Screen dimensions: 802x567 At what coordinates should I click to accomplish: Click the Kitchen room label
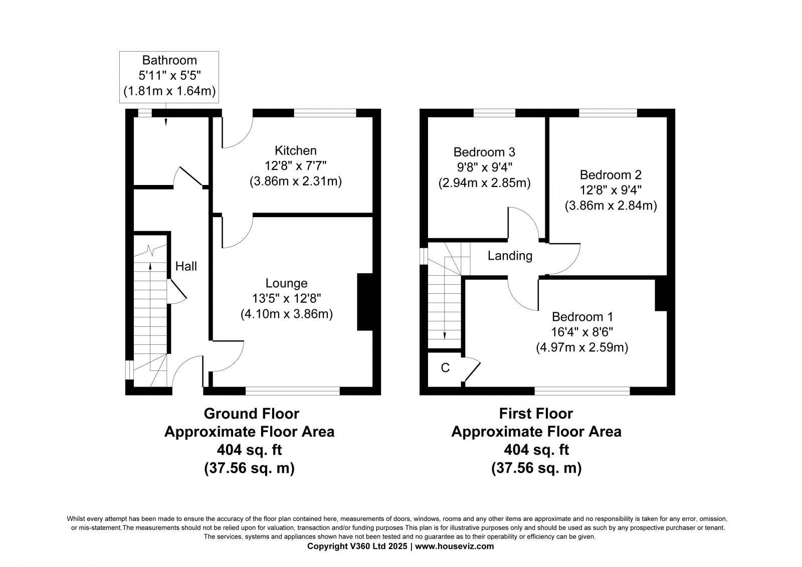tap(295, 150)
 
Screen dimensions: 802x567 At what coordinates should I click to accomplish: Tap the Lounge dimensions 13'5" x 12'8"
tap(286, 298)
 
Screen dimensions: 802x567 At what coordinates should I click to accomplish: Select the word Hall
tap(186, 266)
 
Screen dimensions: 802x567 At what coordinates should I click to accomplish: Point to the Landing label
tap(510, 256)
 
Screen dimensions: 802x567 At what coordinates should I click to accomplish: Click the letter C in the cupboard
tap(445, 368)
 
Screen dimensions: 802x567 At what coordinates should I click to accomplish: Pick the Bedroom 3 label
tap(484, 152)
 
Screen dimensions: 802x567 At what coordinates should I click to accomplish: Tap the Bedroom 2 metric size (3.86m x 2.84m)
tap(611, 206)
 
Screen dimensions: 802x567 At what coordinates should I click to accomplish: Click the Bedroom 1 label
tap(582, 317)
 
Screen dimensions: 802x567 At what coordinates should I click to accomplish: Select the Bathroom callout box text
tap(169, 76)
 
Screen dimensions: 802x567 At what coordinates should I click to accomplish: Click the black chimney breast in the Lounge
tap(365, 302)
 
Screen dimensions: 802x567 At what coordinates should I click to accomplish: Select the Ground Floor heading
tap(251, 414)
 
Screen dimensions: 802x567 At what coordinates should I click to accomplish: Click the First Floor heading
tap(536, 414)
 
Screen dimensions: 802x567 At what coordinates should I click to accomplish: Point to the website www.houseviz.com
tap(454, 546)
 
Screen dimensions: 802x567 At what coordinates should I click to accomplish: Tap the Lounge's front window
tap(293, 391)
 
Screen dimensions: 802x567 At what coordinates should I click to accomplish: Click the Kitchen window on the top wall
tap(325, 113)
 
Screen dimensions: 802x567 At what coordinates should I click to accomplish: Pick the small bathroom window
tap(145, 113)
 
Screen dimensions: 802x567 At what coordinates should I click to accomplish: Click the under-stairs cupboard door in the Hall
tap(177, 289)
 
